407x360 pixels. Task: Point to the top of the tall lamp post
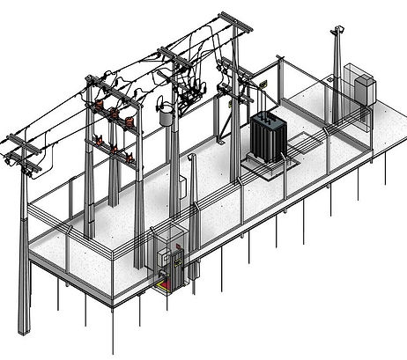tap(336, 31)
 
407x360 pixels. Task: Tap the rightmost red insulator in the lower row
tap(130, 159)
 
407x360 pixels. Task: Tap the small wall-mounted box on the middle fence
tap(182, 187)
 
